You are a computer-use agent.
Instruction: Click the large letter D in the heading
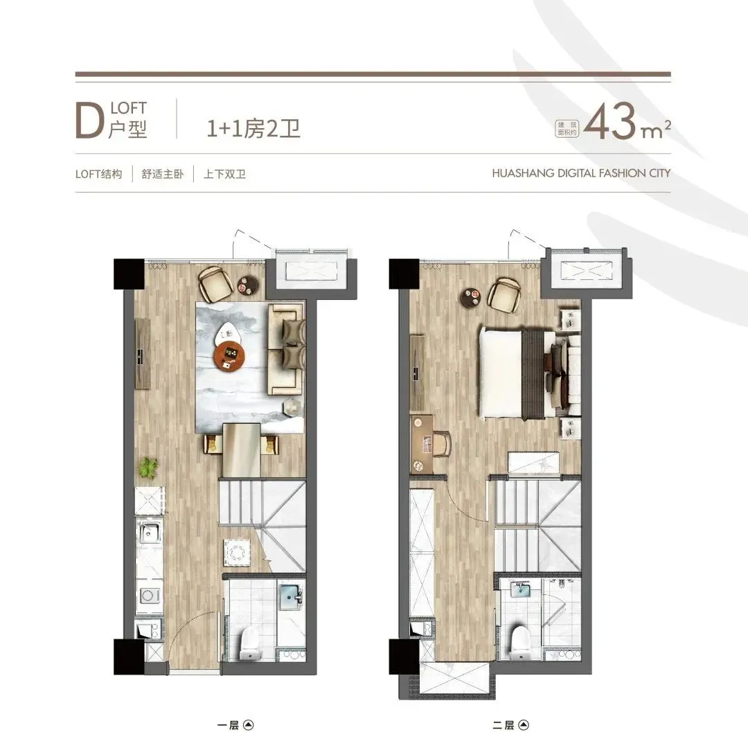pyautogui.click(x=89, y=121)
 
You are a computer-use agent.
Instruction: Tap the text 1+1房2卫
pyautogui.click(x=253, y=128)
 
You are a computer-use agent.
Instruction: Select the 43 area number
pyautogui.click(x=610, y=121)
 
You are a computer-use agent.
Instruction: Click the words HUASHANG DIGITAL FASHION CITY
pyautogui.click(x=581, y=173)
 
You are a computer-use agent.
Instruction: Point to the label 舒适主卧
pyautogui.click(x=163, y=174)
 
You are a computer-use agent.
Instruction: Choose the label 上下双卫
pyautogui.click(x=224, y=174)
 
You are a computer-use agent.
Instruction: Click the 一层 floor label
pyautogui.click(x=228, y=725)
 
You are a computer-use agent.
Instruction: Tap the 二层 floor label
pyautogui.click(x=504, y=725)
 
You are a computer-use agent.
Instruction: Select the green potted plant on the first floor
pyautogui.click(x=148, y=467)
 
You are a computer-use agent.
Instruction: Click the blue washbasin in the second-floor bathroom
pyautogui.click(x=520, y=589)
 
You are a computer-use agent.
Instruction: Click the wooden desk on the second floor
pyautogui.click(x=422, y=444)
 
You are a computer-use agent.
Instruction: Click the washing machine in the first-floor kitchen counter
pyautogui.click(x=149, y=596)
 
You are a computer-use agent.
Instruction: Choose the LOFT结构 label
pyautogui.click(x=99, y=174)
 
